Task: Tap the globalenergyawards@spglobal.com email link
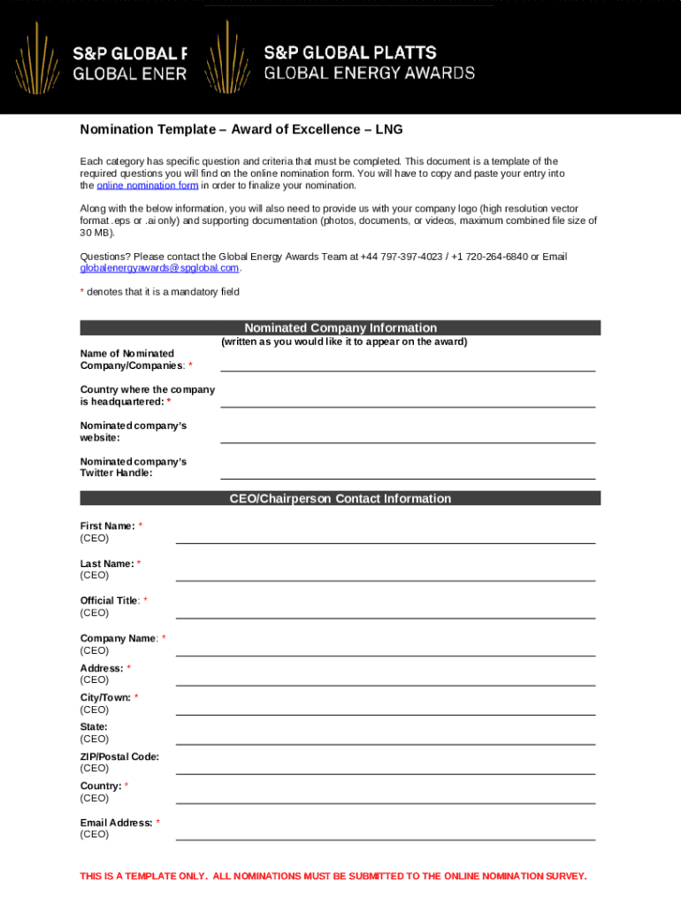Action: (x=159, y=268)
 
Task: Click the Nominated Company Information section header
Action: (x=340, y=327)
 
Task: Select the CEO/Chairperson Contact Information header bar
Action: (x=340, y=498)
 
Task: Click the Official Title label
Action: (x=110, y=601)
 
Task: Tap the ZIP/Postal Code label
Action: (x=119, y=756)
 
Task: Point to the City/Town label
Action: (x=105, y=697)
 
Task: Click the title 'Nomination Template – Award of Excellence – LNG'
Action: (x=241, y=130)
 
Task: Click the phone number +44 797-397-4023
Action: (x=402, y=257)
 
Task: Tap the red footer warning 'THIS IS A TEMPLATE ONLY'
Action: (x=333, y=876)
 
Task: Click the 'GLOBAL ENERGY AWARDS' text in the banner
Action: (x=370, y=73)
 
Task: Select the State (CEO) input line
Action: (x=385, y=744)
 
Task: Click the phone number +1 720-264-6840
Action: (x=489, y=257)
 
